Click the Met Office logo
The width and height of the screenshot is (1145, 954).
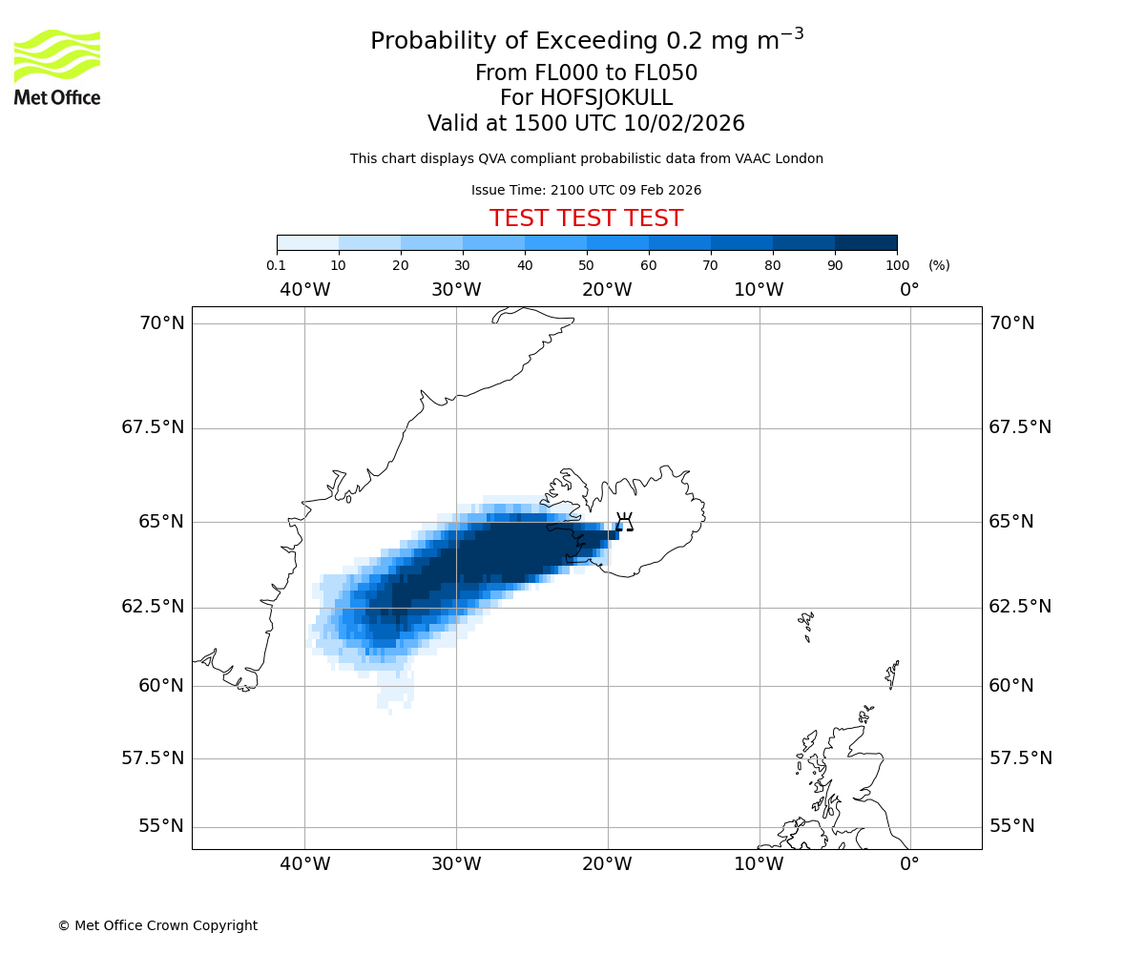(x=57, y=67)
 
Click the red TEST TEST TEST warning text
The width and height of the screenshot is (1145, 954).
(x=586, y=218)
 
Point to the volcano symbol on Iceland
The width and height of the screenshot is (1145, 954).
(x=624, y=522)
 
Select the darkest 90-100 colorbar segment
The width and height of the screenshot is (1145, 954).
(x=865, y=242)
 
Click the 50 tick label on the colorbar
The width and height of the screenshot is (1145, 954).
(x=586, y=265)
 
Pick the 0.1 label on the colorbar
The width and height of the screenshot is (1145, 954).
(x=276, y=265)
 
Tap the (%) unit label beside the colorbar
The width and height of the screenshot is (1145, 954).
(x=939, y=265)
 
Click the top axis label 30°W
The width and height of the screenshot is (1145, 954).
(x=455, y=289)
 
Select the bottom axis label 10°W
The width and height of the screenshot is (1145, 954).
(x=759, y=864)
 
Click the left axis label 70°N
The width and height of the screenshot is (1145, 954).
(x=162, y=323)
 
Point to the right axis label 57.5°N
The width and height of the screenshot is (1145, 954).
(x=1020, y=758)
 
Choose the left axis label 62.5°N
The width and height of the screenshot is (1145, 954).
(x=153, y=607)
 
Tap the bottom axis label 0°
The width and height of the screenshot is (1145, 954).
(x=909, y=864)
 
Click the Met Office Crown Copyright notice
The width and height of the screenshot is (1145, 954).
(x=157, y=925)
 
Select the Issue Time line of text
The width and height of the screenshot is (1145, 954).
(x=586, y=190)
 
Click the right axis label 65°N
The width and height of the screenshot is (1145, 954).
(x=1011, y=522)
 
